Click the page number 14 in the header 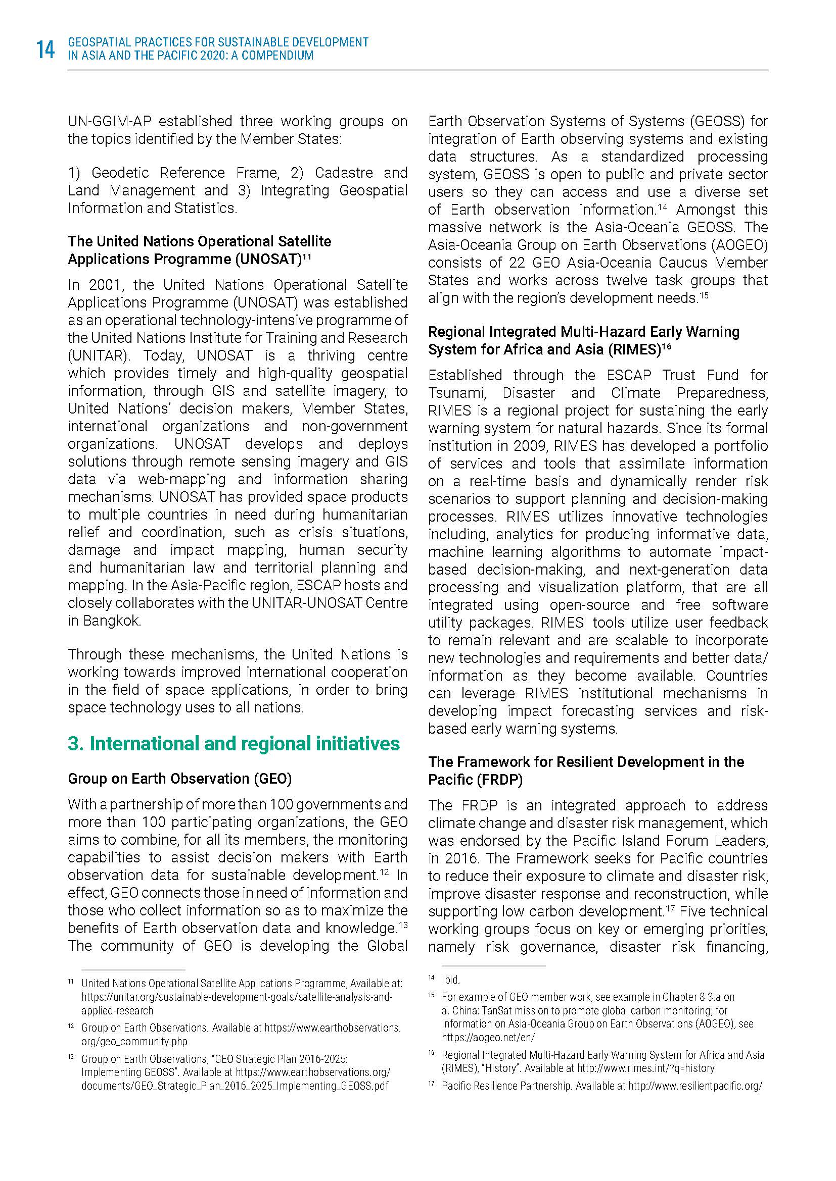(x=45, y=50)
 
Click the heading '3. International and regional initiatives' (x=233, y=744)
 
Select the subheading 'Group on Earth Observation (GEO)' (x=179, y=779)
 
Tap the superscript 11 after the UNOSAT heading (x=307, y=255)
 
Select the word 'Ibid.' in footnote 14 (x=451, y=980)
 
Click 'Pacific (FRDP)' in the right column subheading (x=475, y=780)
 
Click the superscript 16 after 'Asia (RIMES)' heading (x=667, y=346)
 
